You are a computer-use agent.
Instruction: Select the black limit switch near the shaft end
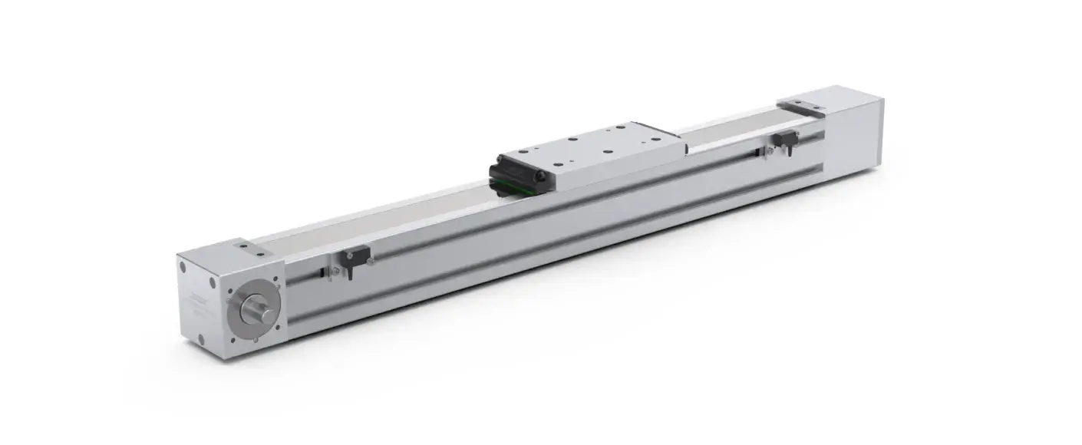coord(355,256)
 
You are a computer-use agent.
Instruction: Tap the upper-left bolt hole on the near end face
coord(183,268)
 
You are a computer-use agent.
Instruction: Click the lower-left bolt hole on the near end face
coord(201,337)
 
